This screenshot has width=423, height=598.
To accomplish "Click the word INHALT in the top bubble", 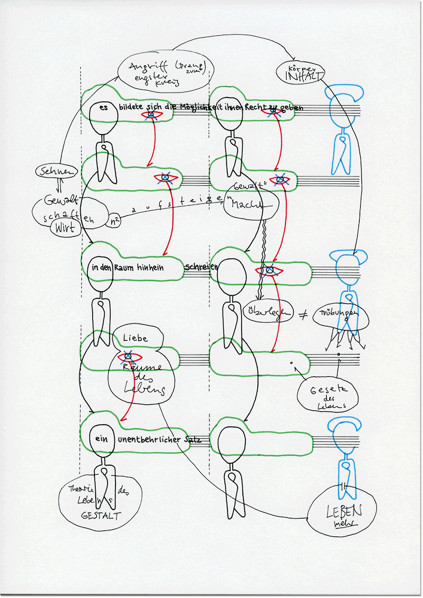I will (305, 77).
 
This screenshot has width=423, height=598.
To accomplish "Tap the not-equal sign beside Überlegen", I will (302, 313).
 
